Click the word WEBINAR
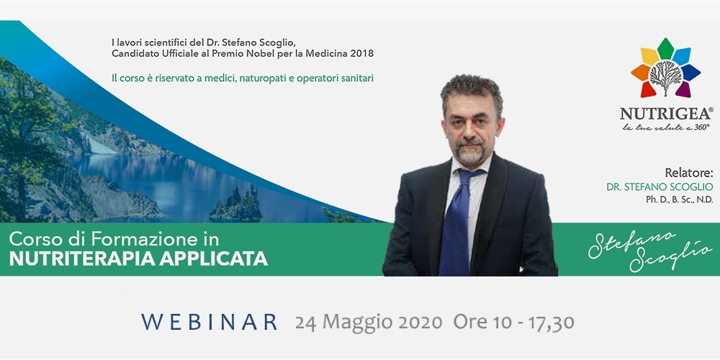pyautogui.click(x=210, y=322)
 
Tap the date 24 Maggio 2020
pyautogui.click(x=368, y=323)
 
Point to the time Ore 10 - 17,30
pyautogui.click(x=513, y=323)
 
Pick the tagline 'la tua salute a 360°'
pyautogui.click(x=666, y=127)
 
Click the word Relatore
pyautogui.click(x=689, y=173)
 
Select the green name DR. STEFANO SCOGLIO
pyautogui.click(x=660, y=187)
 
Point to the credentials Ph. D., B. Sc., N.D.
pyautogui.click(x=680, y=199)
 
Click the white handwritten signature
pyautogui.click(x=649, y=251)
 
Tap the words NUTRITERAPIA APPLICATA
pyautogui.click(x=138, y=259)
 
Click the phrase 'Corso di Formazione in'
pyautogui.click(x=114, y=239)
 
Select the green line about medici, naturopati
pyautogui.click(x=243, y=78)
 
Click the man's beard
pyautogui.click(x=470, y=151)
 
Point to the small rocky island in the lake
pyautogui.click(x=236, y=206)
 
